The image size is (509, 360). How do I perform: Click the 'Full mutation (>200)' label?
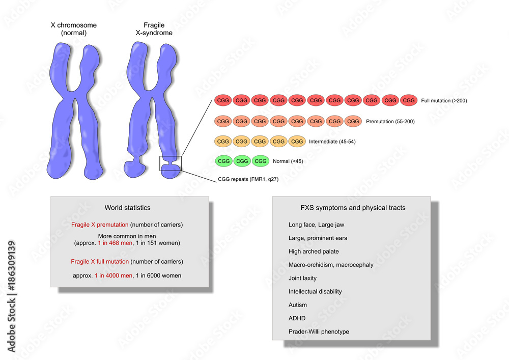click(444, 101)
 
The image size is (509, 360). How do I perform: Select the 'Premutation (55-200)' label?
click(390, 121)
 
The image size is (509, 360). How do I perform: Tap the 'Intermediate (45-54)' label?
click(332, 142)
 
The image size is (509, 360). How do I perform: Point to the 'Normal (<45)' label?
click(288, 161)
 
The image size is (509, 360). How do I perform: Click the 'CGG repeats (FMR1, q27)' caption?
click(248, 179)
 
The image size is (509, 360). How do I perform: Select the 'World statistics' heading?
click(128, 208)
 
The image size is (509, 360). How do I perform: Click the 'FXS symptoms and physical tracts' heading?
click(353, 208)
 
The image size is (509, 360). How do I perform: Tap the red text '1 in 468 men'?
click(115, 243)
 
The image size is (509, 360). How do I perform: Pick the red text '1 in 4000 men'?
click(114, 275)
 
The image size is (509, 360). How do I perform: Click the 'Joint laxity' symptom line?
click(302, 278)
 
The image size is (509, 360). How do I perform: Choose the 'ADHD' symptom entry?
click(297, 318)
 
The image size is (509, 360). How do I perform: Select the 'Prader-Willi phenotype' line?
click(319, 332)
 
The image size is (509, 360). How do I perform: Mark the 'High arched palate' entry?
click(313, 252)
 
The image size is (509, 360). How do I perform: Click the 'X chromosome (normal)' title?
click(74, 29)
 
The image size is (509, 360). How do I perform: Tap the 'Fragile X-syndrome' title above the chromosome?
click(154, 29)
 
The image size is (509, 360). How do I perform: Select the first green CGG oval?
click(223, 161)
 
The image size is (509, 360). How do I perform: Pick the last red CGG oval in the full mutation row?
click(409, 100)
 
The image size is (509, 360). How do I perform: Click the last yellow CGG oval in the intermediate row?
click(297, 141)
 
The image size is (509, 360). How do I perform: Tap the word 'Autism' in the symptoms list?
click(297, 305)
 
